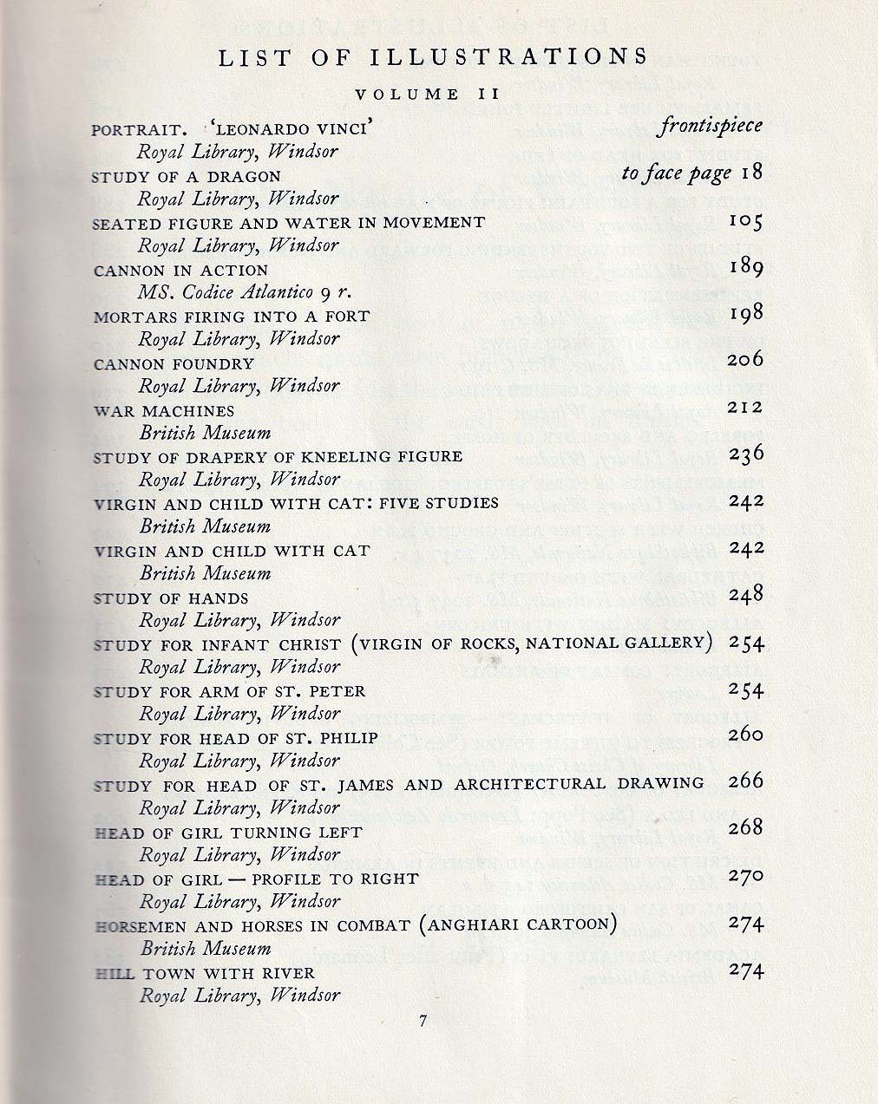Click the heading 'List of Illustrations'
pos(433,57)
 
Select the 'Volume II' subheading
pos(427,95)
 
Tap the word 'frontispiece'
pos(711,126)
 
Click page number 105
pos(744,222)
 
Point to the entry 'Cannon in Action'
pos(174,270)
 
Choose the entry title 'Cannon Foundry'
pos(174,364)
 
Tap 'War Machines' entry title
pos(164,410)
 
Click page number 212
pos(745,407)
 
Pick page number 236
pos(745,454)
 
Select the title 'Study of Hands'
pos(171,598)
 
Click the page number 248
pos(745,594)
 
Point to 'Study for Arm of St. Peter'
pos(229,691)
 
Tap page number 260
pos(745,735)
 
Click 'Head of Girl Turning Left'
pos(227,833)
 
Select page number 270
pos(745,875)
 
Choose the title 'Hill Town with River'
pos(204,973)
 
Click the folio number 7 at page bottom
pos(423,1022)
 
